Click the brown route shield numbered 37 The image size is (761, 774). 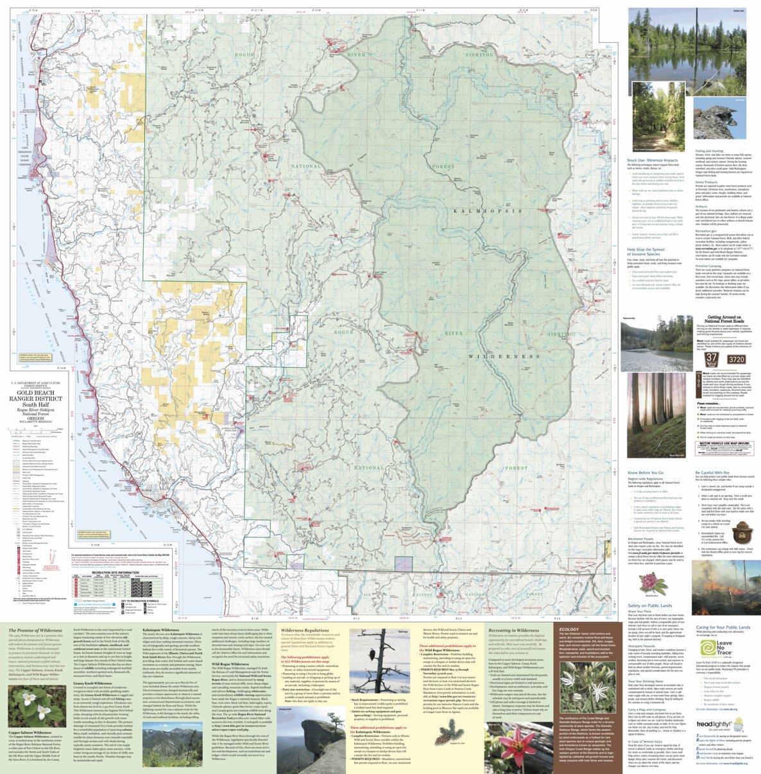[712, 359]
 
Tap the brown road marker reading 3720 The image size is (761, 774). [736, 360]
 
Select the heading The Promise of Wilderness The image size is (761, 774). [35, 630]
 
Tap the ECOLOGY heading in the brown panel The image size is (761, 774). [569, 630]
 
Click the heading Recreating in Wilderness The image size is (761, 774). [513, 630]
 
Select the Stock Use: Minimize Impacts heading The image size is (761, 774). [652, 160]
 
